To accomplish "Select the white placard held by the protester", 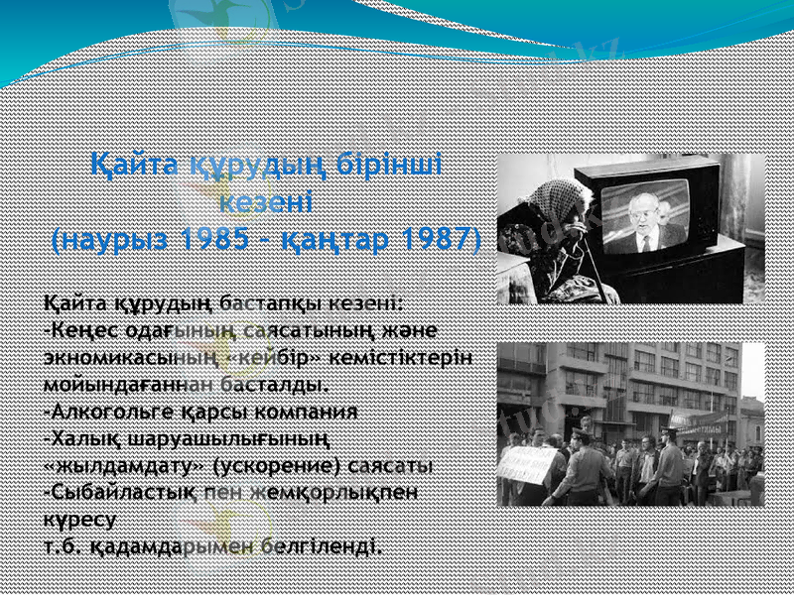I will pyautogui.click(x=528, y=463).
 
